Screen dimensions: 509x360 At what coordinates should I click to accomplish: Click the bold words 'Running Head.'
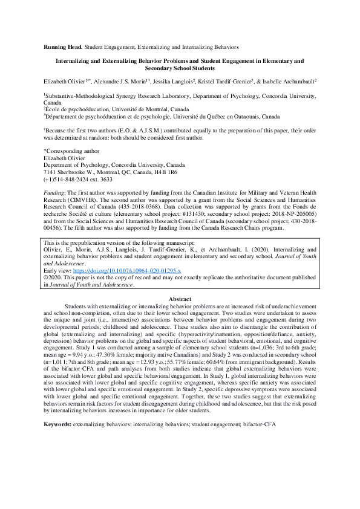point(62,46)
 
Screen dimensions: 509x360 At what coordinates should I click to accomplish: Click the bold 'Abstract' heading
point(180,299)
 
